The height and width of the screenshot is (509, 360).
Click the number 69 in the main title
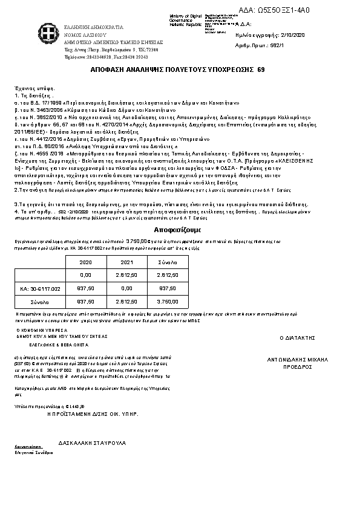[261, 70]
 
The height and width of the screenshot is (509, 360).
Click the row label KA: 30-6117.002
[41, 289]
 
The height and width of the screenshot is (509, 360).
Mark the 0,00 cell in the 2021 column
[126, 289]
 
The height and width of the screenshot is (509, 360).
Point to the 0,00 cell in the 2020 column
[86, 276]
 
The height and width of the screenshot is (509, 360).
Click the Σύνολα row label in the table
[40, 301]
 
